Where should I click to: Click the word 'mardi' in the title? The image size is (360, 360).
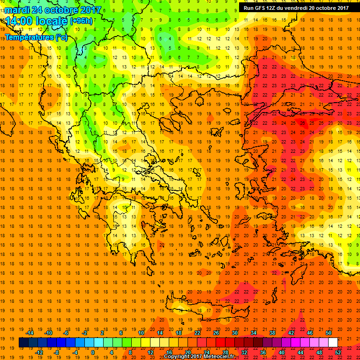(17, 9)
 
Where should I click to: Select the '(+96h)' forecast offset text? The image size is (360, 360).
(82, 21)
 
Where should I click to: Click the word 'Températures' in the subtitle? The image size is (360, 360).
(29, 37)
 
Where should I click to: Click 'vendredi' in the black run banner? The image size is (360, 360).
(295, 7)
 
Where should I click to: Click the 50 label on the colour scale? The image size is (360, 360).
(329, 333)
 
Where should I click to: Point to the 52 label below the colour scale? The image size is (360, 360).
(337, 352)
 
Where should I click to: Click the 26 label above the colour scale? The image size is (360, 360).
(216, 333)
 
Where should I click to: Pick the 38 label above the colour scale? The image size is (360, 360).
(272, 333)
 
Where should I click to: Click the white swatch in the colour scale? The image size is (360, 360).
(333, 342)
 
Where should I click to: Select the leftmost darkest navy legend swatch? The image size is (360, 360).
(23, 342)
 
